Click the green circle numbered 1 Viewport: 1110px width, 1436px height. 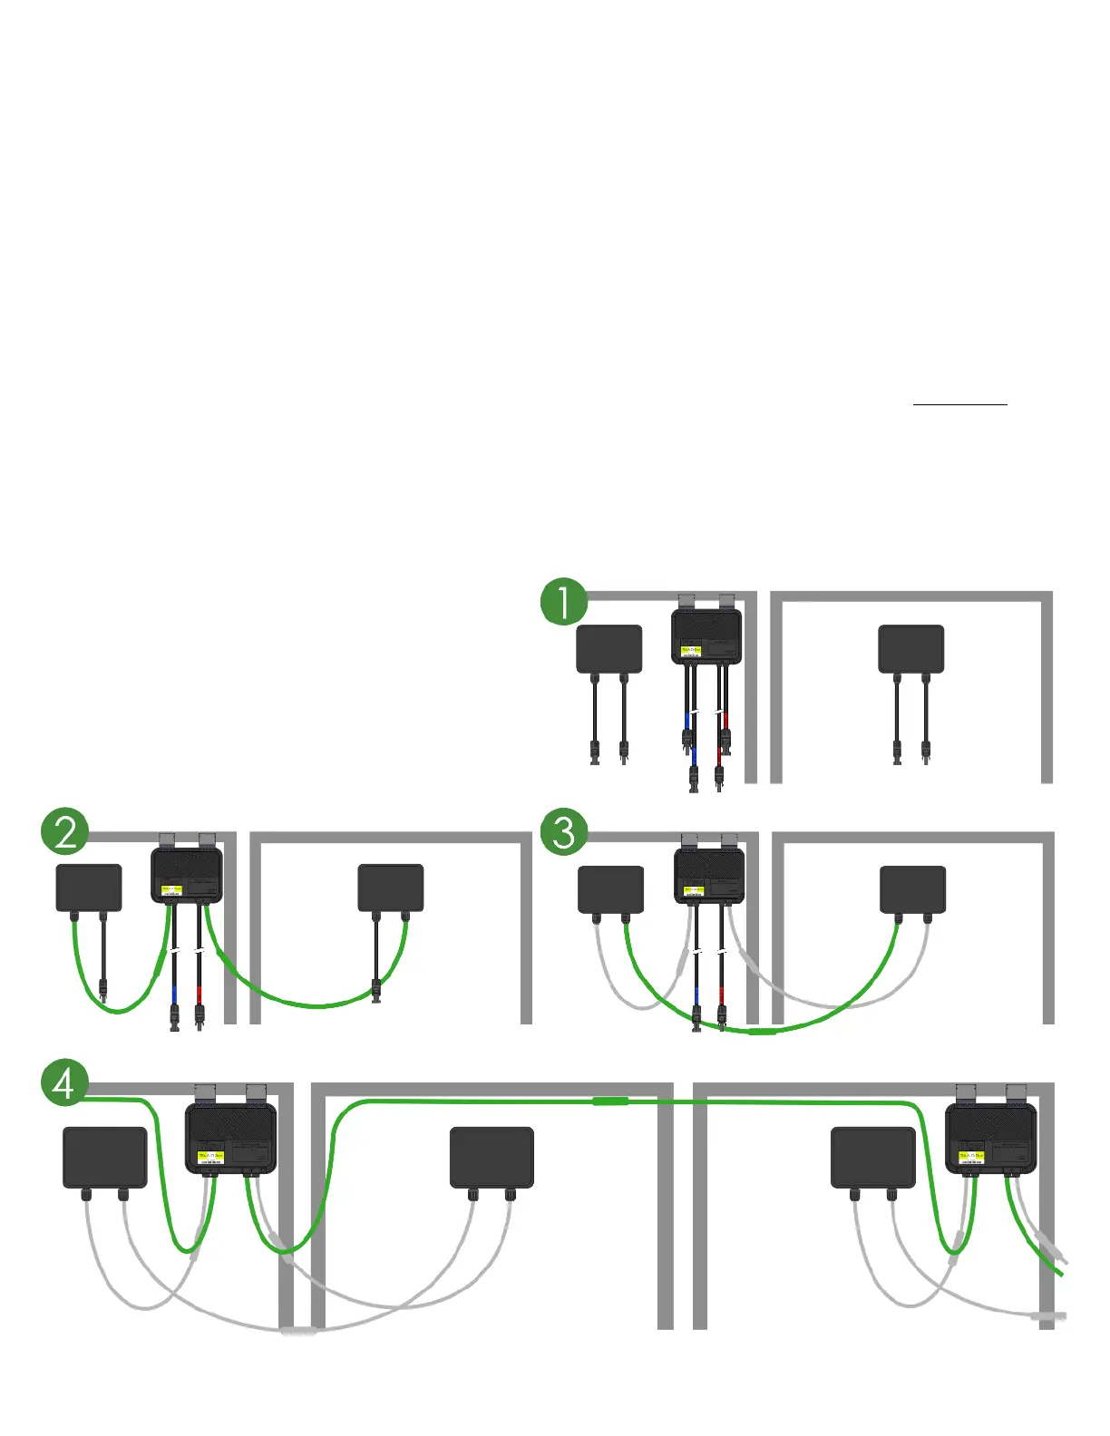coord(563,602)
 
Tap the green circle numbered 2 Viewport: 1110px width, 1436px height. coord(65,831)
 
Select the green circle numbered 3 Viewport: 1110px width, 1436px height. coord(563,831)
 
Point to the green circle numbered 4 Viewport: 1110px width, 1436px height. coord(65,1082)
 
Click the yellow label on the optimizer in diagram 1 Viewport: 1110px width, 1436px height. coord(691,649)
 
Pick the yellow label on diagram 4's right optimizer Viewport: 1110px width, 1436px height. coord(971,1156)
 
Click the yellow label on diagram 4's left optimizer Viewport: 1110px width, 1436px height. coord(210,1156)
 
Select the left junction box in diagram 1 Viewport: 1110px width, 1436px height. coord(609,649)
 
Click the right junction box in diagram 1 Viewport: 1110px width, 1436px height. coord(911,649)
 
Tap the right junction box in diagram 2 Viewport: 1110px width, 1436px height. coord(391,888)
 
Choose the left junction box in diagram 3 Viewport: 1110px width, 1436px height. coord(611,889)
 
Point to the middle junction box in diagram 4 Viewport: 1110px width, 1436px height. coord(492,1157)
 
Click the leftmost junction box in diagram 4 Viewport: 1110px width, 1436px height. coord(104,1157)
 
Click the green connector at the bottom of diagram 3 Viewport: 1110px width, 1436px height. coord(762,1032)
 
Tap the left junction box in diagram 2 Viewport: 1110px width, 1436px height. coord(89,888)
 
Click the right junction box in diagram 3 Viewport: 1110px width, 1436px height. coord(913,889)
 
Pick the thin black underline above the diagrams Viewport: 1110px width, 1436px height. coord(959,403)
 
